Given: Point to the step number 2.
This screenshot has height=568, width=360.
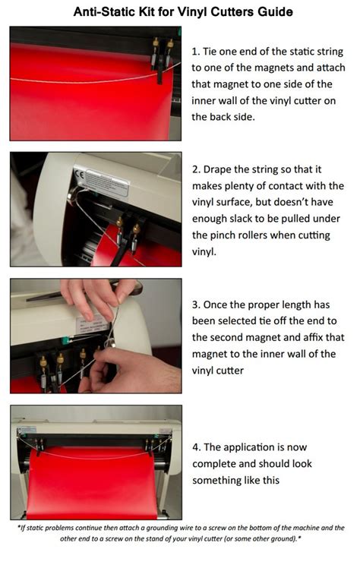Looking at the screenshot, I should (194, 169).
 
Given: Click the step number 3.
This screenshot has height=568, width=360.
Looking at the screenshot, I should (194, 305).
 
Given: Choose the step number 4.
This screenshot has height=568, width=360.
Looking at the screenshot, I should (194, 447).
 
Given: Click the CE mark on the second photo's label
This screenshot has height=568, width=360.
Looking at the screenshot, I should (78, 174).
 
